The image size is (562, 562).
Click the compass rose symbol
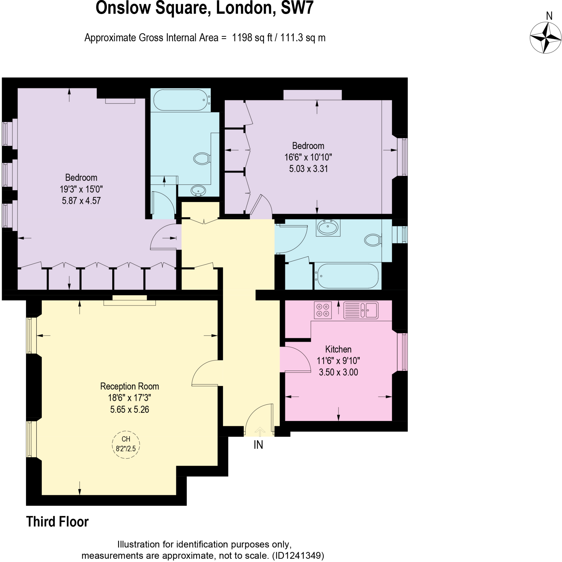[546, 38]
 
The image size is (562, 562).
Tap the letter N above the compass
[549, 16]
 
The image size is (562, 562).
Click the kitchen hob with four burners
[323, 310]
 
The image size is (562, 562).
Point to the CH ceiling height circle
[126, 445]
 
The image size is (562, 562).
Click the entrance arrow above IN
[260, 432]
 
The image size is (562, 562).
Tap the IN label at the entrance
[258, 445]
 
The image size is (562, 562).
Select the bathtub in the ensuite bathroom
[181, 100]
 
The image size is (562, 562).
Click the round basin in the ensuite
[198, 191]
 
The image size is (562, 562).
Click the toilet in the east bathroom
[373, 240]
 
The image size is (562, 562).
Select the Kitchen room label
[338, 349]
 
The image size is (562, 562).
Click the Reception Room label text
[130, 386]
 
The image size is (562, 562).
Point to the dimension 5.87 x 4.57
[81, 201]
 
